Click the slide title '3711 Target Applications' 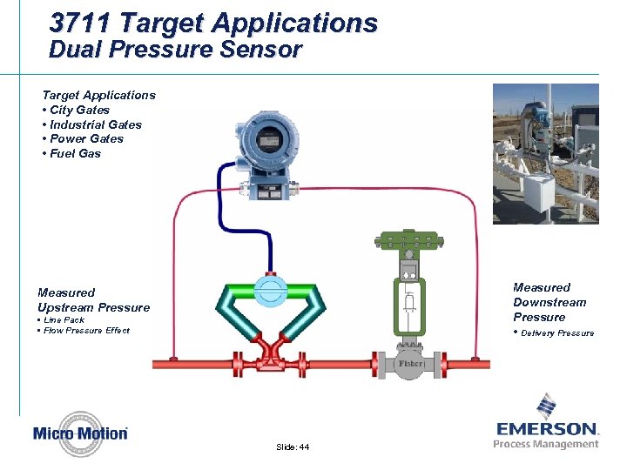point(213,23)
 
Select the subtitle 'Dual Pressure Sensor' point(175,50)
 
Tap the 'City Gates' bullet point(78,110)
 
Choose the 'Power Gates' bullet point(85,138)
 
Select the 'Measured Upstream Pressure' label point(93,299)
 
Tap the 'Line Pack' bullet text point(63,319)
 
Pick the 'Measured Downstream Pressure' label point(549,302)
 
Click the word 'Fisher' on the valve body point(410,363)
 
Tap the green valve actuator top point(409,238)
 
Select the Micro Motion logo point(80,433)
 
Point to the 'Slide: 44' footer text point(292,446)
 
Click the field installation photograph point(545,153)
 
